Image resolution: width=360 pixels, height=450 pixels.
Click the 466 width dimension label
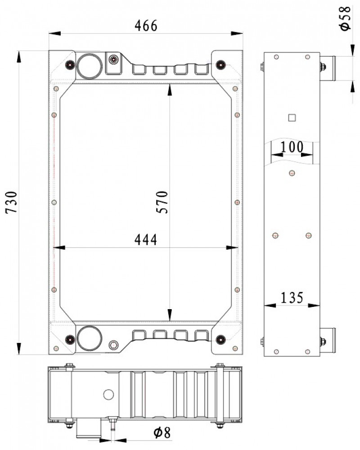click(x=146, y=26)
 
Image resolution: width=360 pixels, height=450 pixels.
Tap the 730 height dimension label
click(x=12, y=202)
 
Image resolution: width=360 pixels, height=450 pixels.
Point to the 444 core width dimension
click(x=146, y=240)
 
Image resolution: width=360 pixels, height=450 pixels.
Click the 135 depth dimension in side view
click(x=292, y=298)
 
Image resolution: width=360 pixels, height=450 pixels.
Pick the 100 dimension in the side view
click(x=292, y=147)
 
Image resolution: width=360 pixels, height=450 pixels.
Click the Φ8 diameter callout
click(x=162, y=433)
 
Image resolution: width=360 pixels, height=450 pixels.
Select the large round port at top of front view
click(x=89, y=66)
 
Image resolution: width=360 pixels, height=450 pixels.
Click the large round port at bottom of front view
click(x=90, y=338)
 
